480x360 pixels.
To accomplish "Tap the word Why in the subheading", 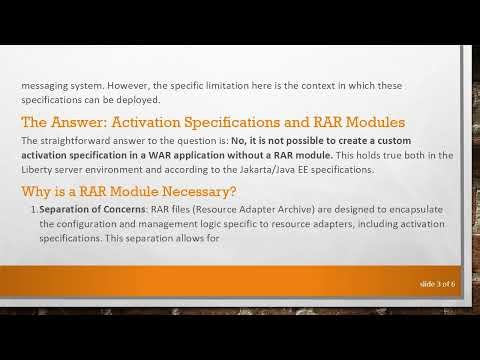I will tap(38, 191).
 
